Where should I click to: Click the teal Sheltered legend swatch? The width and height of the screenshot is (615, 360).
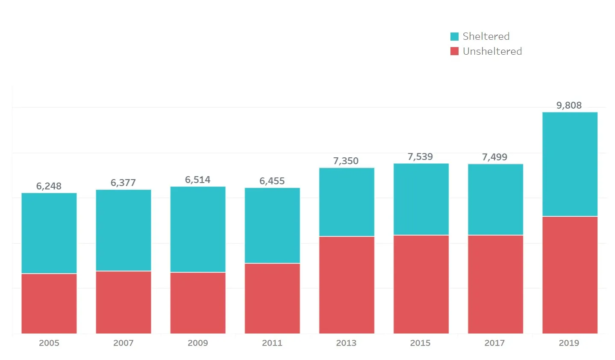click(x=454, y=36)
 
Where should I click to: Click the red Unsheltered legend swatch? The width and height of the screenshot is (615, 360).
click(x=454, y=51)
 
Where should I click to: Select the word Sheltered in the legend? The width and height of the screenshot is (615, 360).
click(x=486, y=36)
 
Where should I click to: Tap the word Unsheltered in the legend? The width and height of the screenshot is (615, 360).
click(x=492, y=51)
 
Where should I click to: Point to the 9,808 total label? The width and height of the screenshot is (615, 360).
click(x=569, y=105)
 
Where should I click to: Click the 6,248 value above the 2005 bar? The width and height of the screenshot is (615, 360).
click(x=49, y=186)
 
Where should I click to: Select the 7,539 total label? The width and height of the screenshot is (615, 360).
click(x=420, y=156)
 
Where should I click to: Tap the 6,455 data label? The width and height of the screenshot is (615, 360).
click(x=272, y=181)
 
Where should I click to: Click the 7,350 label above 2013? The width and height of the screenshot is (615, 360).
click(x=346, y=161)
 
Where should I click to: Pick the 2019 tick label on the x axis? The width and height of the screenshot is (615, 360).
click(x=569, y=343)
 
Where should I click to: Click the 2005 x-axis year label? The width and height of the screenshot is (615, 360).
click(x=49, y=343)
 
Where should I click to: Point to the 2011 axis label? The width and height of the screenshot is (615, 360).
click(x=272, y=343)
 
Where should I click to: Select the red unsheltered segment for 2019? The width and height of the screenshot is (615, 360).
click(x=570, y=275)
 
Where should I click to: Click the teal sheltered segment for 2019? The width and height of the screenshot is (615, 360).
click(x=570, y=164)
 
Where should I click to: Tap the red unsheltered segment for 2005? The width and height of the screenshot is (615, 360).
click(x=49, y=304)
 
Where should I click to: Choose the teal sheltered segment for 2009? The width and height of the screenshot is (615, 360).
click(x=198, y=229)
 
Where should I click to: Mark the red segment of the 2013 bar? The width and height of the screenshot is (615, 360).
click(x=347, y=285)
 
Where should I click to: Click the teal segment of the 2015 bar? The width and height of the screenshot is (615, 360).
click(x=421, y=199)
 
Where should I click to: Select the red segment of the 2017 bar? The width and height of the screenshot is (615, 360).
click(x=495, y=284)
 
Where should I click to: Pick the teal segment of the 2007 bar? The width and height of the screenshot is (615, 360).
click(x=124, y=230)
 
